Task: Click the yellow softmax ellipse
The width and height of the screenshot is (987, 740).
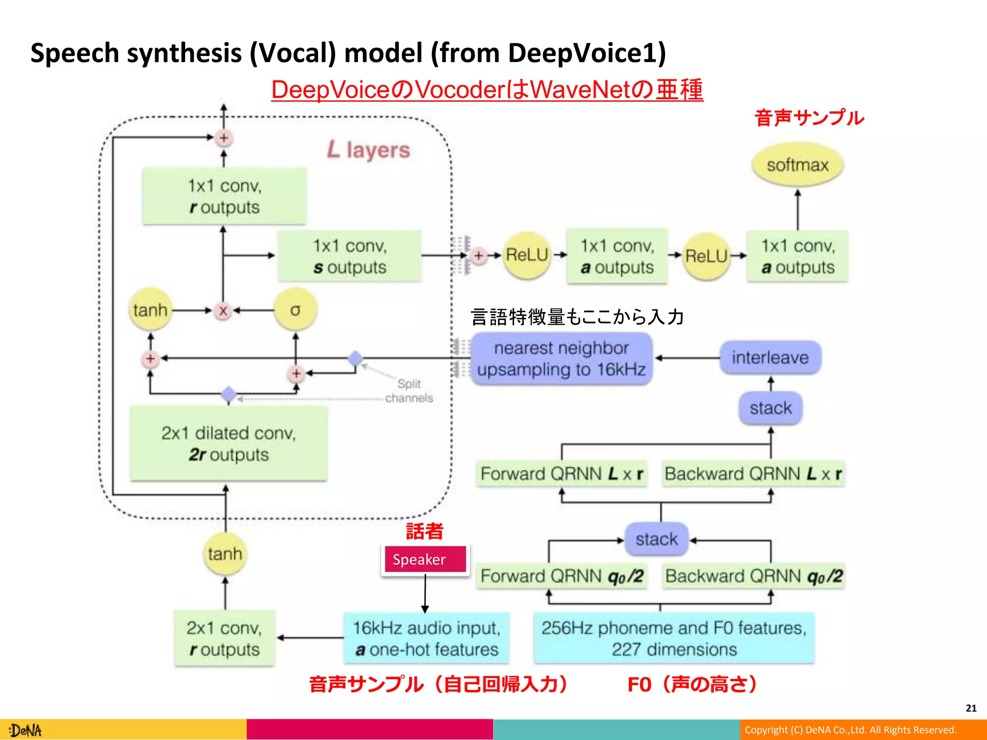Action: pos(798,165)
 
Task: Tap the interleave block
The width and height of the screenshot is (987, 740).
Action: pos(770,357)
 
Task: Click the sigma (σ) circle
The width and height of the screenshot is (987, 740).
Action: pos(295,310)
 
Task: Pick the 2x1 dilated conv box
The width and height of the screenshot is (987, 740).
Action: pos(228,443)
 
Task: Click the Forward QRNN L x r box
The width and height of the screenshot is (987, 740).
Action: pos(561,474)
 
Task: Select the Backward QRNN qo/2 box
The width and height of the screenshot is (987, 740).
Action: pos(753,576)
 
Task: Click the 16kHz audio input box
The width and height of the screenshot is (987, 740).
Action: pos(427,638)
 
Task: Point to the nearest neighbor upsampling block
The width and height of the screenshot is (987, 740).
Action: pos(561,359)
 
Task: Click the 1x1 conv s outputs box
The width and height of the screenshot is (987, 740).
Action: pos(350,256)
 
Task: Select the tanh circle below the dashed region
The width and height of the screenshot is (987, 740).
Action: pos(225,554)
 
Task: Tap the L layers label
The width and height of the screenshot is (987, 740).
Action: pos(369,150)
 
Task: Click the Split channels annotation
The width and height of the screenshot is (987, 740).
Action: pos(409,391)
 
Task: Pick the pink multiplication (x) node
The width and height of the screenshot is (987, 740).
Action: pos(223,311)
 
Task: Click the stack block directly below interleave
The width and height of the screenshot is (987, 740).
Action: pos(770,408)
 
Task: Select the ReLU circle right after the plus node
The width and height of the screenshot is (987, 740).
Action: pos(527,255)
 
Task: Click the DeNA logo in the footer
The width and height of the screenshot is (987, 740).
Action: pos(26,730)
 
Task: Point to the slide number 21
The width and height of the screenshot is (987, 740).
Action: pos(971,708)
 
